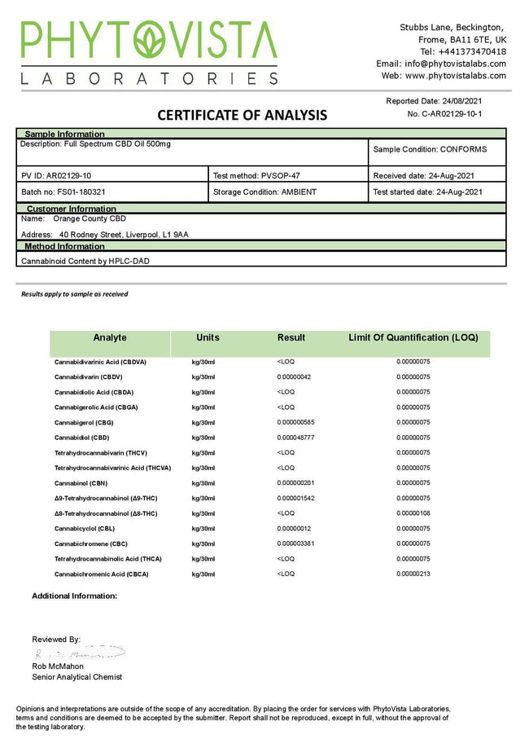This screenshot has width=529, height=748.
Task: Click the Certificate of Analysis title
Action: [242, 115]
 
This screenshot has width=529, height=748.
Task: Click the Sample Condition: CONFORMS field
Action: [430, 150]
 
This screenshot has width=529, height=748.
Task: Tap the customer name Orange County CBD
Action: [90, 218]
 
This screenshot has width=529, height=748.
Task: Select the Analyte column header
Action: [110, 337]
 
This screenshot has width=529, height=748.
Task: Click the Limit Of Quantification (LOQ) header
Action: [413, 337]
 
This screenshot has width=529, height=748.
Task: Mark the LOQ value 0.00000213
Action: [413, 574]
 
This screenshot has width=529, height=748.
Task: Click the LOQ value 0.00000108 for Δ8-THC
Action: [413, 513]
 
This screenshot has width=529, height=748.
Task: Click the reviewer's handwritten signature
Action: [80, 653]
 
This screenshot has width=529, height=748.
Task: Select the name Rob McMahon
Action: [58, 667]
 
